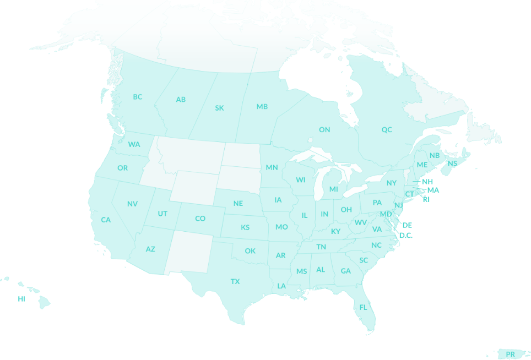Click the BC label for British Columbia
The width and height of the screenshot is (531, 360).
(x=138, y=97)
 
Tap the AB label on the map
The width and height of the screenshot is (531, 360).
(x=181, y=100)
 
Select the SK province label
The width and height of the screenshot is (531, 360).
(x=219, y=108)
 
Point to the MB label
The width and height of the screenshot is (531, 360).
(x=262, y=106)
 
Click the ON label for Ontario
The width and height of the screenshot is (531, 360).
(x=324, y=129)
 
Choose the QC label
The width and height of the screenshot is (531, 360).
(x=387, y=129)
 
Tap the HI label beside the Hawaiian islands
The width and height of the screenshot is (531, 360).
(x=21, y=298)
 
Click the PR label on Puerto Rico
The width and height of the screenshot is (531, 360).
(x=511, y=354)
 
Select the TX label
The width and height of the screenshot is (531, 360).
(x=235, y=281)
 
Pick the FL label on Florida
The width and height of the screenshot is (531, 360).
(x=363, y=307)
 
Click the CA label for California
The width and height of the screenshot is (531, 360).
(x=106, y=220)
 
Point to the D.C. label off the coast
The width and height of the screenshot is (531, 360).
(x=406, y=235)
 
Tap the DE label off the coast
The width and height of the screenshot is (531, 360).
(x=407, y=225)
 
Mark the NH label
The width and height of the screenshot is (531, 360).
(x=427, y=181)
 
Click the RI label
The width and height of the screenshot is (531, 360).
(x=426, y=199)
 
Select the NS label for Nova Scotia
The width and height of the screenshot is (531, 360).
(x=452, y=163)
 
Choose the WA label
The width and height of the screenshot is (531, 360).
(x=134, y=144)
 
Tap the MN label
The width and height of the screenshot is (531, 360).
(x=272, y=167)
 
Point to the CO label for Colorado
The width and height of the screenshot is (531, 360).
(x=200, y=219)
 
